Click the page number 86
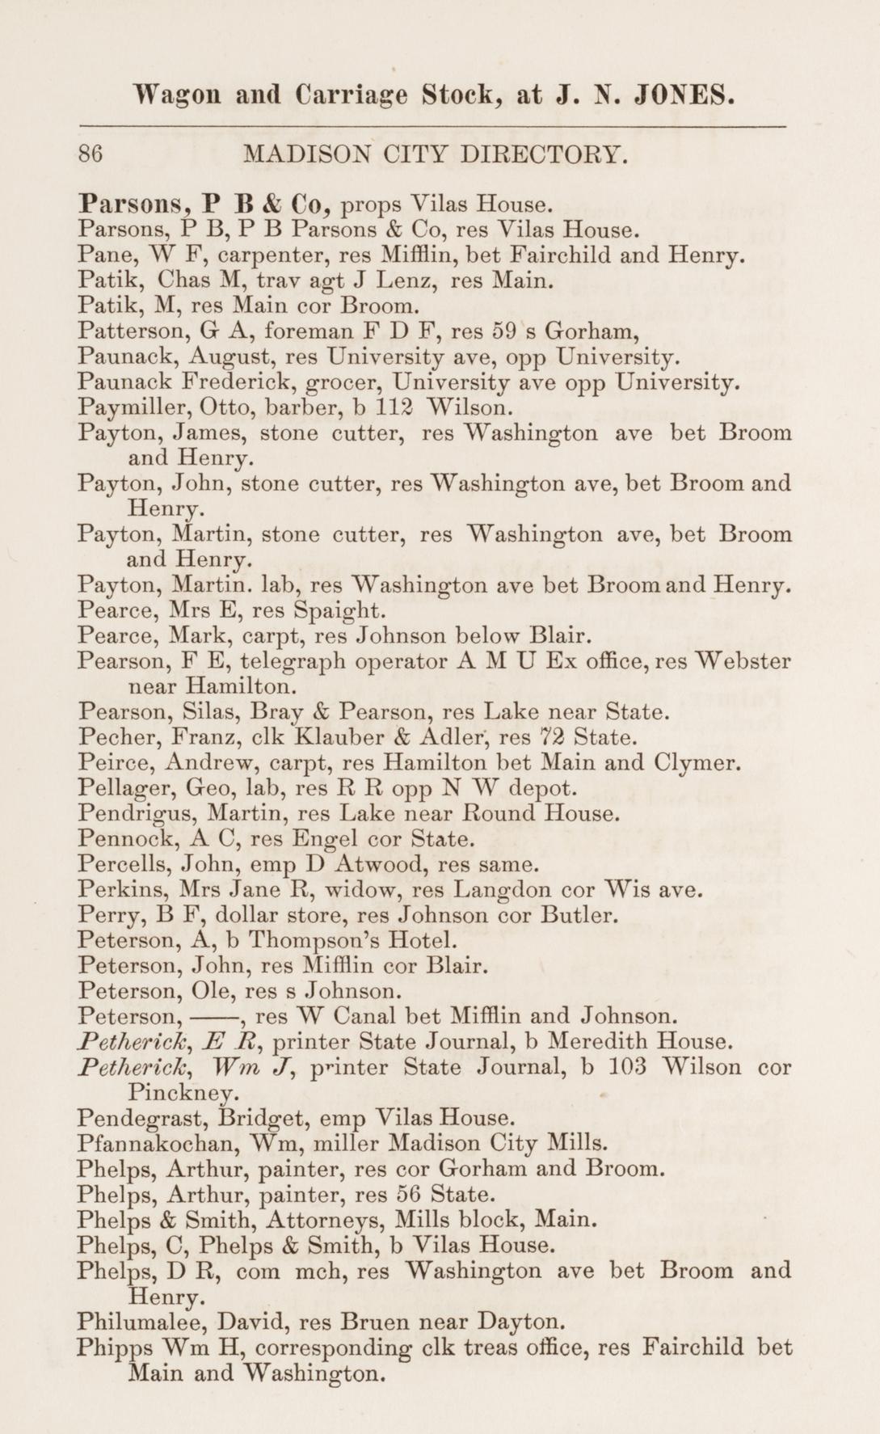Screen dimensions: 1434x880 coord(90,154)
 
